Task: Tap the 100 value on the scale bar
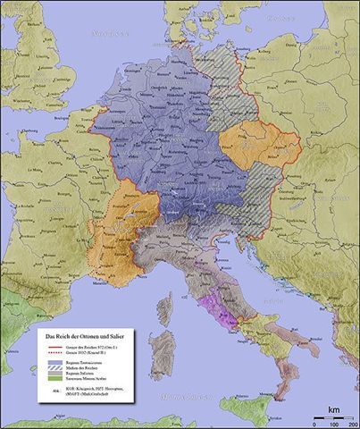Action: coord(331,423)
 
